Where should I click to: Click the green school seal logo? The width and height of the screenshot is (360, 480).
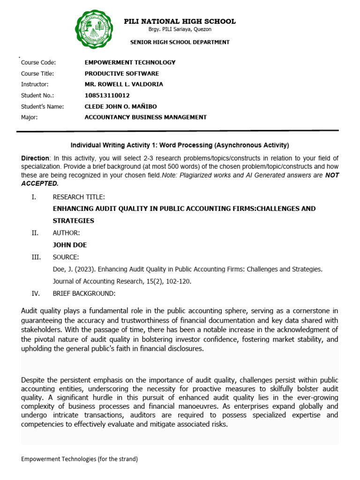(94, 29)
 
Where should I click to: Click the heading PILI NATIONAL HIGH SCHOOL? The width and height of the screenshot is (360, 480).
(180, 22)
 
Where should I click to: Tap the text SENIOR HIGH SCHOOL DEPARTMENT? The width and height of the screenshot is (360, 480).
(180, 42)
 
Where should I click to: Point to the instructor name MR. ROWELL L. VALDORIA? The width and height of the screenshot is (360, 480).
(124, 84)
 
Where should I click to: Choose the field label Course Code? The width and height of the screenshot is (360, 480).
(38, 62)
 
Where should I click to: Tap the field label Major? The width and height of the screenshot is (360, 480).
(30, 117)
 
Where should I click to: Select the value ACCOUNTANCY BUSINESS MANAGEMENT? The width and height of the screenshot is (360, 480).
(145, 117)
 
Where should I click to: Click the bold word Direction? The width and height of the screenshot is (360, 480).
(35, 158)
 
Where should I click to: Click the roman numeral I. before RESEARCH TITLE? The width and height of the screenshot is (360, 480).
(33, 197)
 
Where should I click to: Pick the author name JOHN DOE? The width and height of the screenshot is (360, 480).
(69, 245)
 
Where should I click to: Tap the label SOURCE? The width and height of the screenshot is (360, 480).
(66, 257)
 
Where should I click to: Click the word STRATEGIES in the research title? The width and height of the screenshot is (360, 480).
(73, 221)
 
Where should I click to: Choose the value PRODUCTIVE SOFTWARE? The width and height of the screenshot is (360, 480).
(121, 74)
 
